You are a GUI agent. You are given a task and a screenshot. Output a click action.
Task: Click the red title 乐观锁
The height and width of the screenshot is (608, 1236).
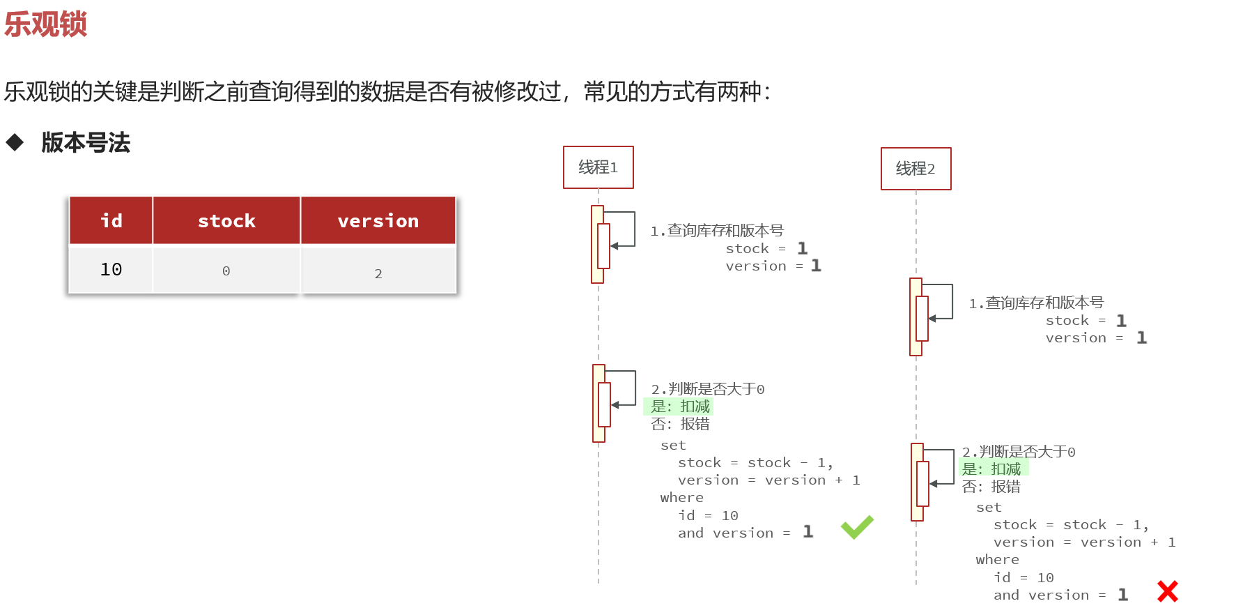click(45, 24)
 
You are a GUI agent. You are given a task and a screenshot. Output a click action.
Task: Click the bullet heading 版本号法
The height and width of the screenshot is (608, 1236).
click(86, 143)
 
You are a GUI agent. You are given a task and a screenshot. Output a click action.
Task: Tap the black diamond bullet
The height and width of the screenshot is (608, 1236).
click(15, 143)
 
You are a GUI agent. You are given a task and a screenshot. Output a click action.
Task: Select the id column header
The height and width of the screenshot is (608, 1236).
click(111, 221)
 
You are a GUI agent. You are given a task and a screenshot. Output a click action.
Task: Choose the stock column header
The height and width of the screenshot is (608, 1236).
click(226, 221)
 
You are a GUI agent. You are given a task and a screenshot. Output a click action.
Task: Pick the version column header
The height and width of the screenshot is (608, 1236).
click(378, 221)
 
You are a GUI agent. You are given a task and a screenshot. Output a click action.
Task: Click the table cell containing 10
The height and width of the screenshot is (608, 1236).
click(111, 270)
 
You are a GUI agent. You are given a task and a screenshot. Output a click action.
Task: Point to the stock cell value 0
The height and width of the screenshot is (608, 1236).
click(226, 271)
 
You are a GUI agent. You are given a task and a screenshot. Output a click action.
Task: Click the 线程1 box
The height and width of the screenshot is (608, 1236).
click(598, 167)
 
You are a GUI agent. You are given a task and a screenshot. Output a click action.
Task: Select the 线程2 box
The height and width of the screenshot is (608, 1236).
click(916, 169)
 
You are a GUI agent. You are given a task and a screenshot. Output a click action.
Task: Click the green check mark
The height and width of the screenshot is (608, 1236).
click(857, 527)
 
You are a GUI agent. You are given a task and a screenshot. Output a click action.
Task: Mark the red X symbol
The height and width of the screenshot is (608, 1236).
click(1167, 591)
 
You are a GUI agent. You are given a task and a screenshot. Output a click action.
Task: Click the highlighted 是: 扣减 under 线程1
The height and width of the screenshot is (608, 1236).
click(680, 406)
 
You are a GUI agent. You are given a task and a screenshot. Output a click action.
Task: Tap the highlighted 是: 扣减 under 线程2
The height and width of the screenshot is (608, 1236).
click(991, 469)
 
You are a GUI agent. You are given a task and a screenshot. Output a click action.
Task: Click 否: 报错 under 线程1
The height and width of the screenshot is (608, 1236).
click(680, 424)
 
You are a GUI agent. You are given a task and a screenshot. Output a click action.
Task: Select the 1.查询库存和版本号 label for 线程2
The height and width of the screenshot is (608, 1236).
click(1036, 303)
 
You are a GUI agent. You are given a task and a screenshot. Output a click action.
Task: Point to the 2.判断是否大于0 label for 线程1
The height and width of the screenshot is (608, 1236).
click(707, 389)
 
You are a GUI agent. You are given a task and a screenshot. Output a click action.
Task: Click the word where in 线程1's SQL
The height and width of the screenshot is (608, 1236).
click(681, 498)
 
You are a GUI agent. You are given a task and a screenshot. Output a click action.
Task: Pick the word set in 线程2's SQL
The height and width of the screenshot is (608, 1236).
click(989, 508)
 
